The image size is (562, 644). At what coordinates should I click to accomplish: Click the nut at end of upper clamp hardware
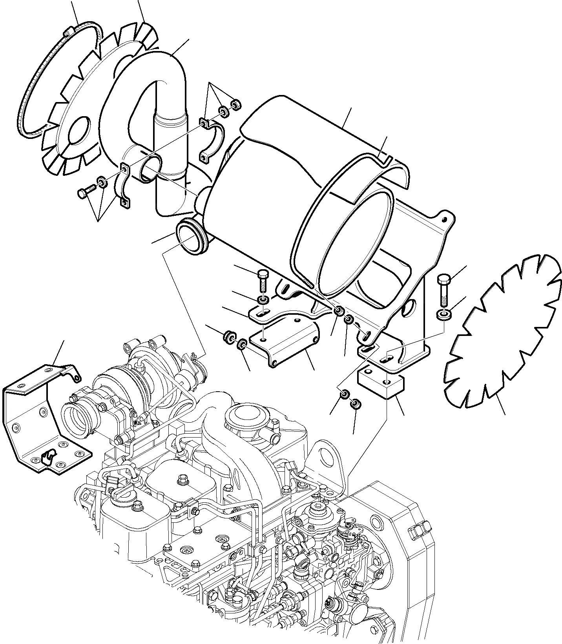point(235,104)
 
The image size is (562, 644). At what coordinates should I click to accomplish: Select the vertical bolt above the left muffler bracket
point(262,279)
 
